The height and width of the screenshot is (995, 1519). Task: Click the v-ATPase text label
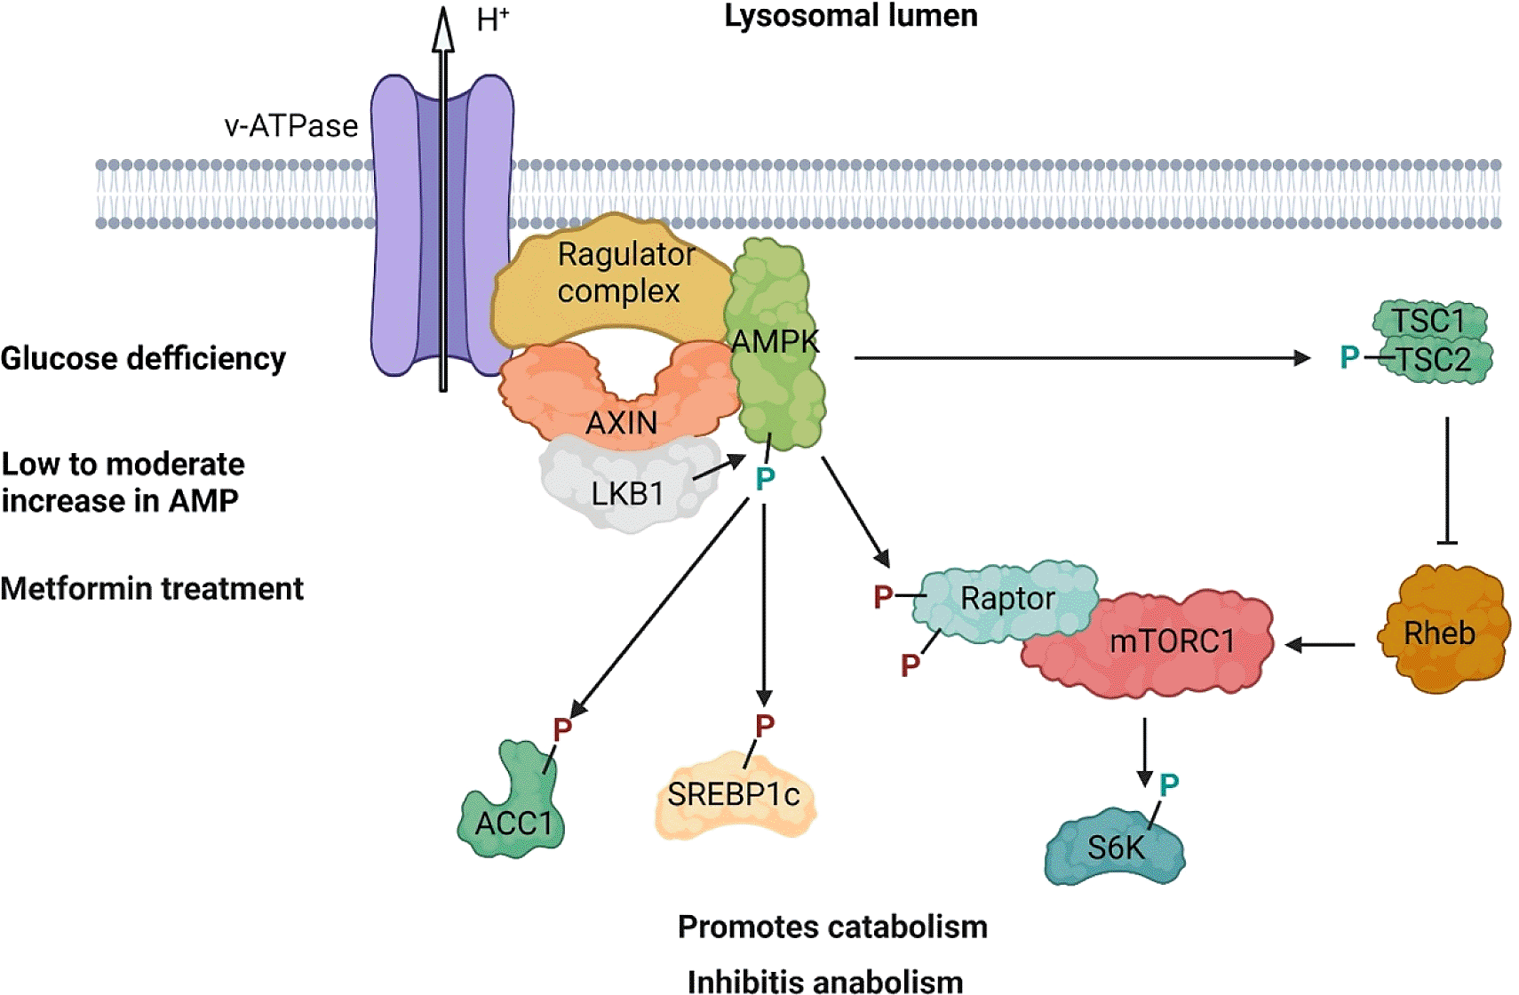(290, 126)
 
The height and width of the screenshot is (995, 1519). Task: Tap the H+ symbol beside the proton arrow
(492, 20)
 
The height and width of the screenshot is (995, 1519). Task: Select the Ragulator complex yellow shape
(613, 284)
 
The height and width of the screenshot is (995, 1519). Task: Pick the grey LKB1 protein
(626, 491)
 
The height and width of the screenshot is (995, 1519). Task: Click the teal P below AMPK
(765, 480)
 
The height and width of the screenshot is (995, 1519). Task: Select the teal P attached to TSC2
(1349, 357)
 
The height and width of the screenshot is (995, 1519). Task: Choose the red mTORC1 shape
(1173, 641)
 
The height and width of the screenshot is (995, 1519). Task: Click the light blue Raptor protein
(1007, 599)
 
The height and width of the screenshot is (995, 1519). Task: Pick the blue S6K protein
(1116, 848)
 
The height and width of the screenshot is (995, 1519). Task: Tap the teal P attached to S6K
(1169, 784)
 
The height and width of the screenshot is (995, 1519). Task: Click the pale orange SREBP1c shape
(734, 795)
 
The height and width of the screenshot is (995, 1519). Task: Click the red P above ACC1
(562, 729)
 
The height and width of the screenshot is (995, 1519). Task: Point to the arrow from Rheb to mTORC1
(1321, 645)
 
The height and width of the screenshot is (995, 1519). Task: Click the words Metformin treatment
(152, 589)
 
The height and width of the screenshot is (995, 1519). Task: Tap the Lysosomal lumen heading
(850, 16)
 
